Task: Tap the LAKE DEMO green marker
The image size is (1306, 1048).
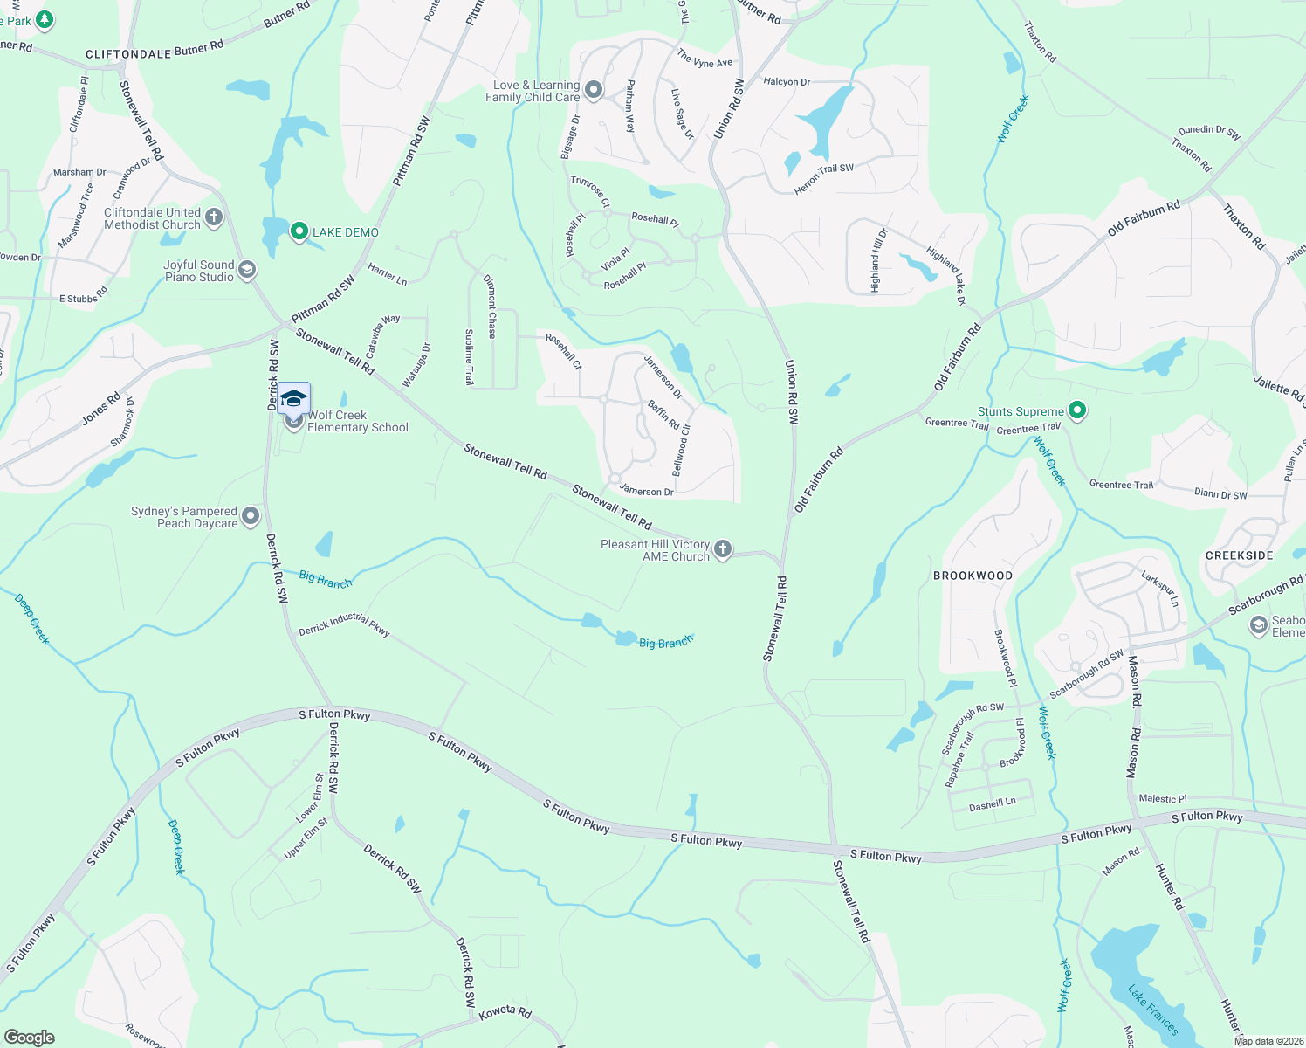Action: click(x=299, y=231)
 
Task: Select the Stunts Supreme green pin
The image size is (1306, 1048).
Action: click(x=1077, y=410)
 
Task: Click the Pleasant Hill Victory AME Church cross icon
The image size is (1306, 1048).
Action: click(x=722, y=548)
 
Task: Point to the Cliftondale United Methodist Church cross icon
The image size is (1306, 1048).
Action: click(x=214, y=217)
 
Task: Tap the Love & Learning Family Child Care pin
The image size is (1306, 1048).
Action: click(x=594, y=89)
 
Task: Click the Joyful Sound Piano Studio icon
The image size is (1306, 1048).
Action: click(x=247, y=270)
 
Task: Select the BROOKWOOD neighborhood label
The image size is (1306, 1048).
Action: click(x=973, y=576)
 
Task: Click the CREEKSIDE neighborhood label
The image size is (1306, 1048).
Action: click(x=1239, y=555)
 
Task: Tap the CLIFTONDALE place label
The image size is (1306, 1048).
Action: click(x=128, y=54)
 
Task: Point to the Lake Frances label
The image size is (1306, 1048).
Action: click(x=1152, y=1010)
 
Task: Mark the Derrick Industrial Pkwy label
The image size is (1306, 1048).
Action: click(x=344, y=624)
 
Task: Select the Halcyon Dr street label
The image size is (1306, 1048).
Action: click(x=787, y=82)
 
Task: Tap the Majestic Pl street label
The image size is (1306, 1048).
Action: click(x=1163, y=798)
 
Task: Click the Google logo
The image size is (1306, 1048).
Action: click(x=30, y=1037)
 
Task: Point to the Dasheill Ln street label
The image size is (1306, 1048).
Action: click(x=993, y=804)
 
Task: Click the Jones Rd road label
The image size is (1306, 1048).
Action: click(x=101, y=409)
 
